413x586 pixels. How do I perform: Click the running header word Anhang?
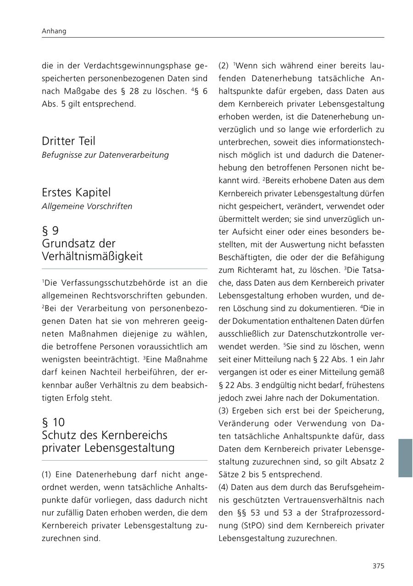tap(54, 31)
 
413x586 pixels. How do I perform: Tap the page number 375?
tap(378, 566)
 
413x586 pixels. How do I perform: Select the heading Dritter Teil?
tap(68, 141)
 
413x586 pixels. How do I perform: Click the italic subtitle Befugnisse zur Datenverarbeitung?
tap(105, 155)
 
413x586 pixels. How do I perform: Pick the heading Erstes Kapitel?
tap(76, 192)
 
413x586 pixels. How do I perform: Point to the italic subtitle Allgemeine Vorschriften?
tap(87, 206)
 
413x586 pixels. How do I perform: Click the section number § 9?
tap(50, 231)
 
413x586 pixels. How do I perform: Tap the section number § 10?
tap(53, 422)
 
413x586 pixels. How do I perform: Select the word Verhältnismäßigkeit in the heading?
tap(92, 256)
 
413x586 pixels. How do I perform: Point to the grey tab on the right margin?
tap(405, 458)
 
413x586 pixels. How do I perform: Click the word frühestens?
tap(365, 385)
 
